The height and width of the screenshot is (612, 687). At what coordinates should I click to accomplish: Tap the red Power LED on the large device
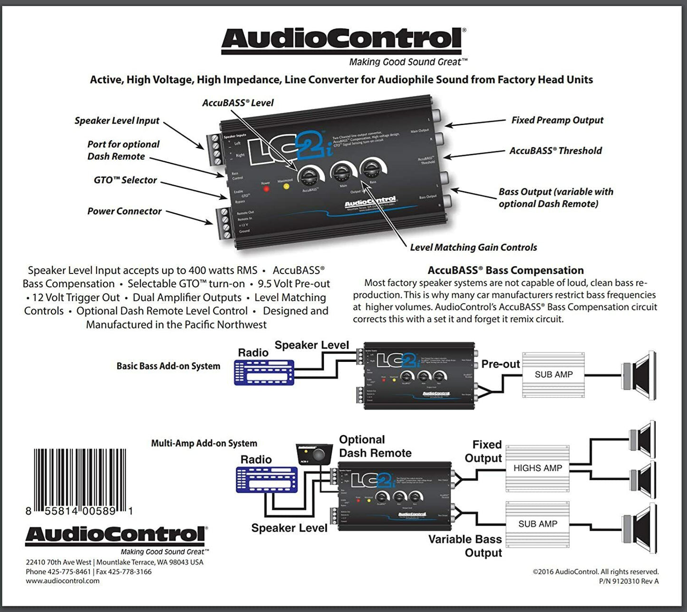coord(266,189)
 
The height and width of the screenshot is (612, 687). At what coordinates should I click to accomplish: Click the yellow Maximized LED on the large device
coord(286,186)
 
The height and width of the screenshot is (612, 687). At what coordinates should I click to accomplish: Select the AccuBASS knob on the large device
coord(308,177)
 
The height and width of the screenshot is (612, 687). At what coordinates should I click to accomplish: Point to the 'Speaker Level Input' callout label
coord(117,121)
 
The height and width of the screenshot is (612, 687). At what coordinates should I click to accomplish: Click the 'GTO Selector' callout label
coord(125,180)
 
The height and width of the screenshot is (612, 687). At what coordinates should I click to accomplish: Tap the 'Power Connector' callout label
coord(125,211)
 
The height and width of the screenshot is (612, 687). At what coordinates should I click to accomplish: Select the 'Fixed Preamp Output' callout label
coord(557,120)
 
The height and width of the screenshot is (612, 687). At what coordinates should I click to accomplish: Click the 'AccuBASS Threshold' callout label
coord(555,151)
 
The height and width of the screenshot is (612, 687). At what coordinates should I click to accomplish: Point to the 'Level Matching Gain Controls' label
coord(473,247)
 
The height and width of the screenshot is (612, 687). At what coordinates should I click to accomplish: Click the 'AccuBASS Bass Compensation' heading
coord(505,270)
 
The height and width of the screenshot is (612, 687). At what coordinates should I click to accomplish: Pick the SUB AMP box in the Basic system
coord(553,374)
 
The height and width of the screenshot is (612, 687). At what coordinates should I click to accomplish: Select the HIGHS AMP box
coord(537,468)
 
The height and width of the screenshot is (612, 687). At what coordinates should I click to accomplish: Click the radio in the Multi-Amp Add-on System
coord(267,479)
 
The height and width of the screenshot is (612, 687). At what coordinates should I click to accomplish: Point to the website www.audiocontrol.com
coord(63,581)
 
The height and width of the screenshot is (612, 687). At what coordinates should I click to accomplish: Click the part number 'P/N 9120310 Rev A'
coord(629,581)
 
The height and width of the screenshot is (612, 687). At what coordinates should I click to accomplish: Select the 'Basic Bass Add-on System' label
coord(168,366)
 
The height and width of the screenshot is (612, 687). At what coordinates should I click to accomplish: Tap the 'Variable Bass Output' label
coord(465,546)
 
